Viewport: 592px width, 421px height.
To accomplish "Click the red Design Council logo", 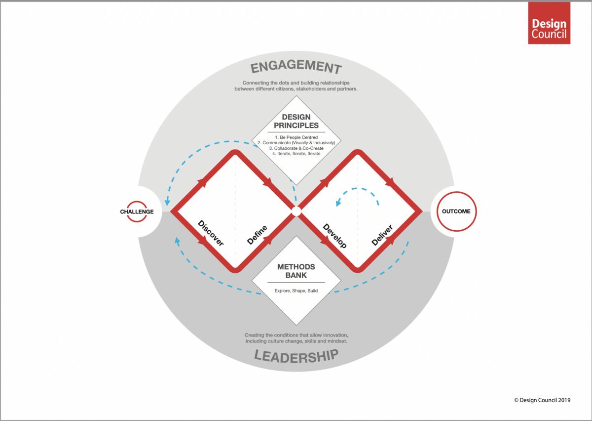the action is pyautogui.click(x=549, y=23).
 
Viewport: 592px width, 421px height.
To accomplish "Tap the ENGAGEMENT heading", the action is pyautogui.click(x=296, y=67).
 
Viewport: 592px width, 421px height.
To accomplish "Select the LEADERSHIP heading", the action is pyautogui.click(x=296, y=356).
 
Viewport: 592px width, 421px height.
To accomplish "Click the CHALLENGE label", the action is pyautogui.click(x=137, y=211).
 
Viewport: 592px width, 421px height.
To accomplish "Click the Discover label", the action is pyautogui.click(x=211, y=233).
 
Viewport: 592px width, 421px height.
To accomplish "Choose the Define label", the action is pyautogui.click(x=257, y=235).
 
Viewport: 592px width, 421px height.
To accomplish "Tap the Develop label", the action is pyautogui.click(x=334, y=236).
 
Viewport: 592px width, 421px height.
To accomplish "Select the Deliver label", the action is pyautogui.click(x=382, y=235).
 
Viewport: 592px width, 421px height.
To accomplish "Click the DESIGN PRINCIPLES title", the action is pyautogui.click(x=296, y=121).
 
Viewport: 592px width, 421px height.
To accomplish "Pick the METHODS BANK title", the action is pyautogui.click(x=296, y=271).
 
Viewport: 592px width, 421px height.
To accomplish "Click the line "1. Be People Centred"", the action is pyautogui.click(x=296, y=137).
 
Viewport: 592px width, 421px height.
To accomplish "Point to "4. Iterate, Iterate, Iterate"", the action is pyautogui.click(x=296, y=154).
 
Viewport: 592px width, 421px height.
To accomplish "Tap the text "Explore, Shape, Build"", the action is pyautogui.click(x=296, y=291).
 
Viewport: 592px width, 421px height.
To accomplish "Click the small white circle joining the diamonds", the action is pyautogui.click(x=296, y=211).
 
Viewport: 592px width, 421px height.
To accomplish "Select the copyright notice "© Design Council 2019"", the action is pyautogui.click(x=542, y=400).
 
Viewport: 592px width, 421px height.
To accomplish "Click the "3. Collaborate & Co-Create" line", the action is pyautogui.click(x=296, y=148).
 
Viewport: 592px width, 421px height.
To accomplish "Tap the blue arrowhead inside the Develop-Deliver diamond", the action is pyautogui.click(x=338, y=203).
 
